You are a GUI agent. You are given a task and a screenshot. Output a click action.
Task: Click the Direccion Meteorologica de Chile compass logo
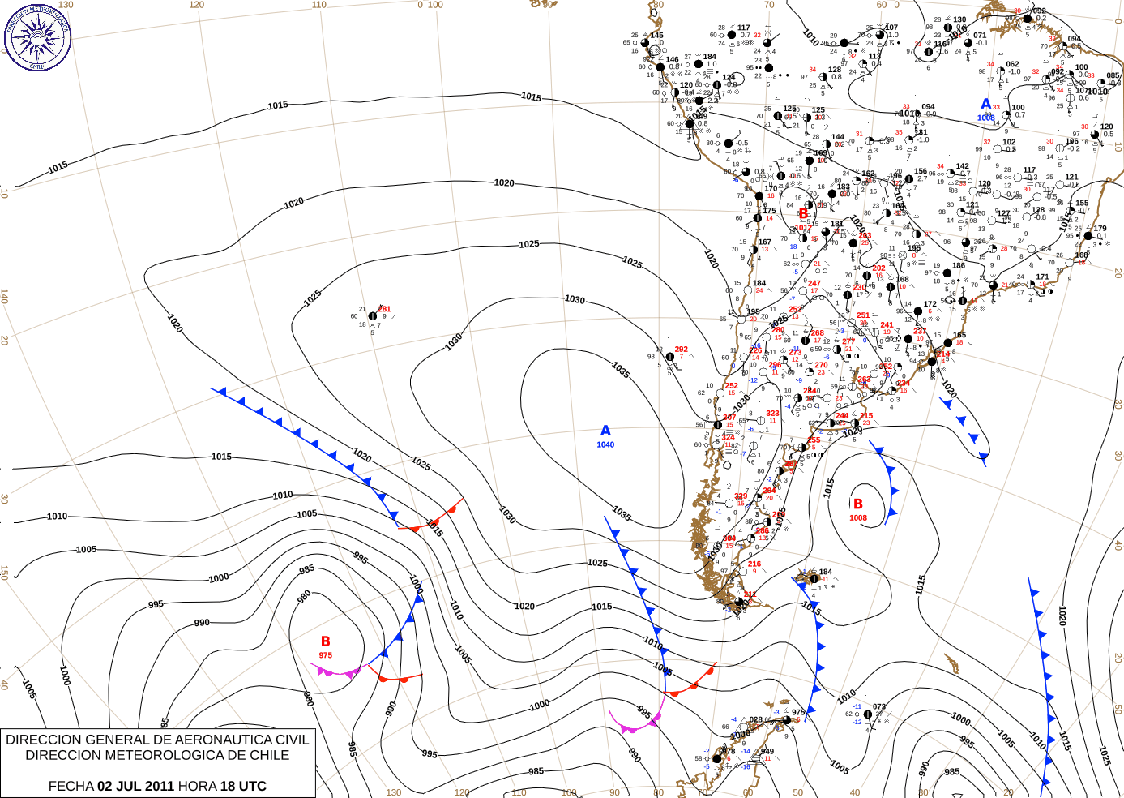click(37, 36)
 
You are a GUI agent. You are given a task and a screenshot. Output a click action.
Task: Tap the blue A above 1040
click(605, 431)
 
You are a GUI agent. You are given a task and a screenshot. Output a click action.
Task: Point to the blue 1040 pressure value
click(605, 444)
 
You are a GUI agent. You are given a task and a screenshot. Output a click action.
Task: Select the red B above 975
click(326, 641)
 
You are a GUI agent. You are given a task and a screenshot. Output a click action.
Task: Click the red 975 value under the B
click(326, 655)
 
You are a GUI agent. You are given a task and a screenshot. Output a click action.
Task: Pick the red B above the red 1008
click(857, 504)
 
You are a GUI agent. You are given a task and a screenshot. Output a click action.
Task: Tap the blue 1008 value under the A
click(985, 118)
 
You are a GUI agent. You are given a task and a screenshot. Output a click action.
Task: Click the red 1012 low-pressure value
click(803, 228)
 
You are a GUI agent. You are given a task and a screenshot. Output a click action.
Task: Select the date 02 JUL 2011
click(135, 786)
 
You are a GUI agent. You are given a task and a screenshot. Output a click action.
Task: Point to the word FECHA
click(71, 786)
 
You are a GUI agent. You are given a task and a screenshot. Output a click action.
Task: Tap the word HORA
click(197, 786)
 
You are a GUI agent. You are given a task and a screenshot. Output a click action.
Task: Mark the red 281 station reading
click(384, 309)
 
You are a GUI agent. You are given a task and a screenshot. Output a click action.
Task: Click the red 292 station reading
click(681, 350)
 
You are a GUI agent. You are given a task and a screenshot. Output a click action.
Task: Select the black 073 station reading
click(878, 706)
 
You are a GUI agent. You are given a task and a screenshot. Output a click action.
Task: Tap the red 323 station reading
click(772, 414)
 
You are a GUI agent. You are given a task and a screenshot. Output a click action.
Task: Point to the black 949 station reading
click(767, 751)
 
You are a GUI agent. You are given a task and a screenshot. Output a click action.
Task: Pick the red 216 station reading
click(754, 564)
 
